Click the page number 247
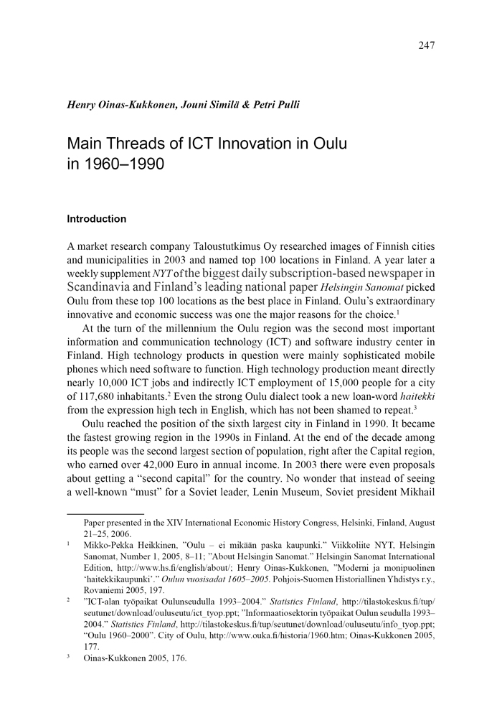pyautogui.click(x=426, y=45)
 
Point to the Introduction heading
pyautogui.click(x=96, y=219)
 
